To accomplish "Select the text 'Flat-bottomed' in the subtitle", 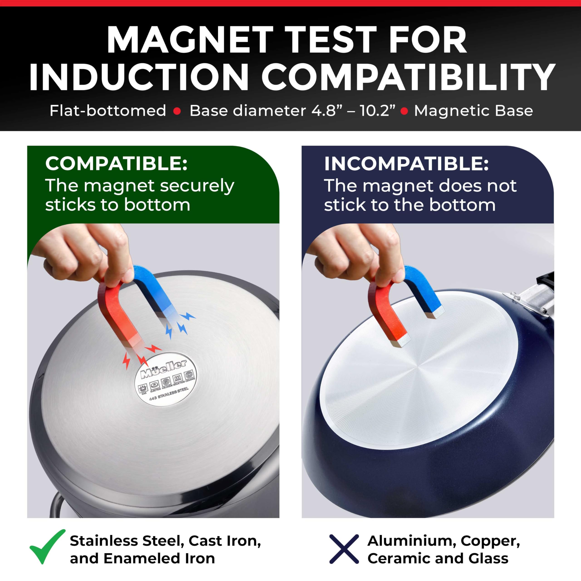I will (108, 111).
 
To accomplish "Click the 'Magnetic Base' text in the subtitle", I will (473, 111).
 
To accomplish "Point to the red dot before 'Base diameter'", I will (177, 111).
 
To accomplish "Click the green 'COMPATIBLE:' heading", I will (116, 164).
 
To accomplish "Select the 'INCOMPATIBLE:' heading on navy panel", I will (406, 164).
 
